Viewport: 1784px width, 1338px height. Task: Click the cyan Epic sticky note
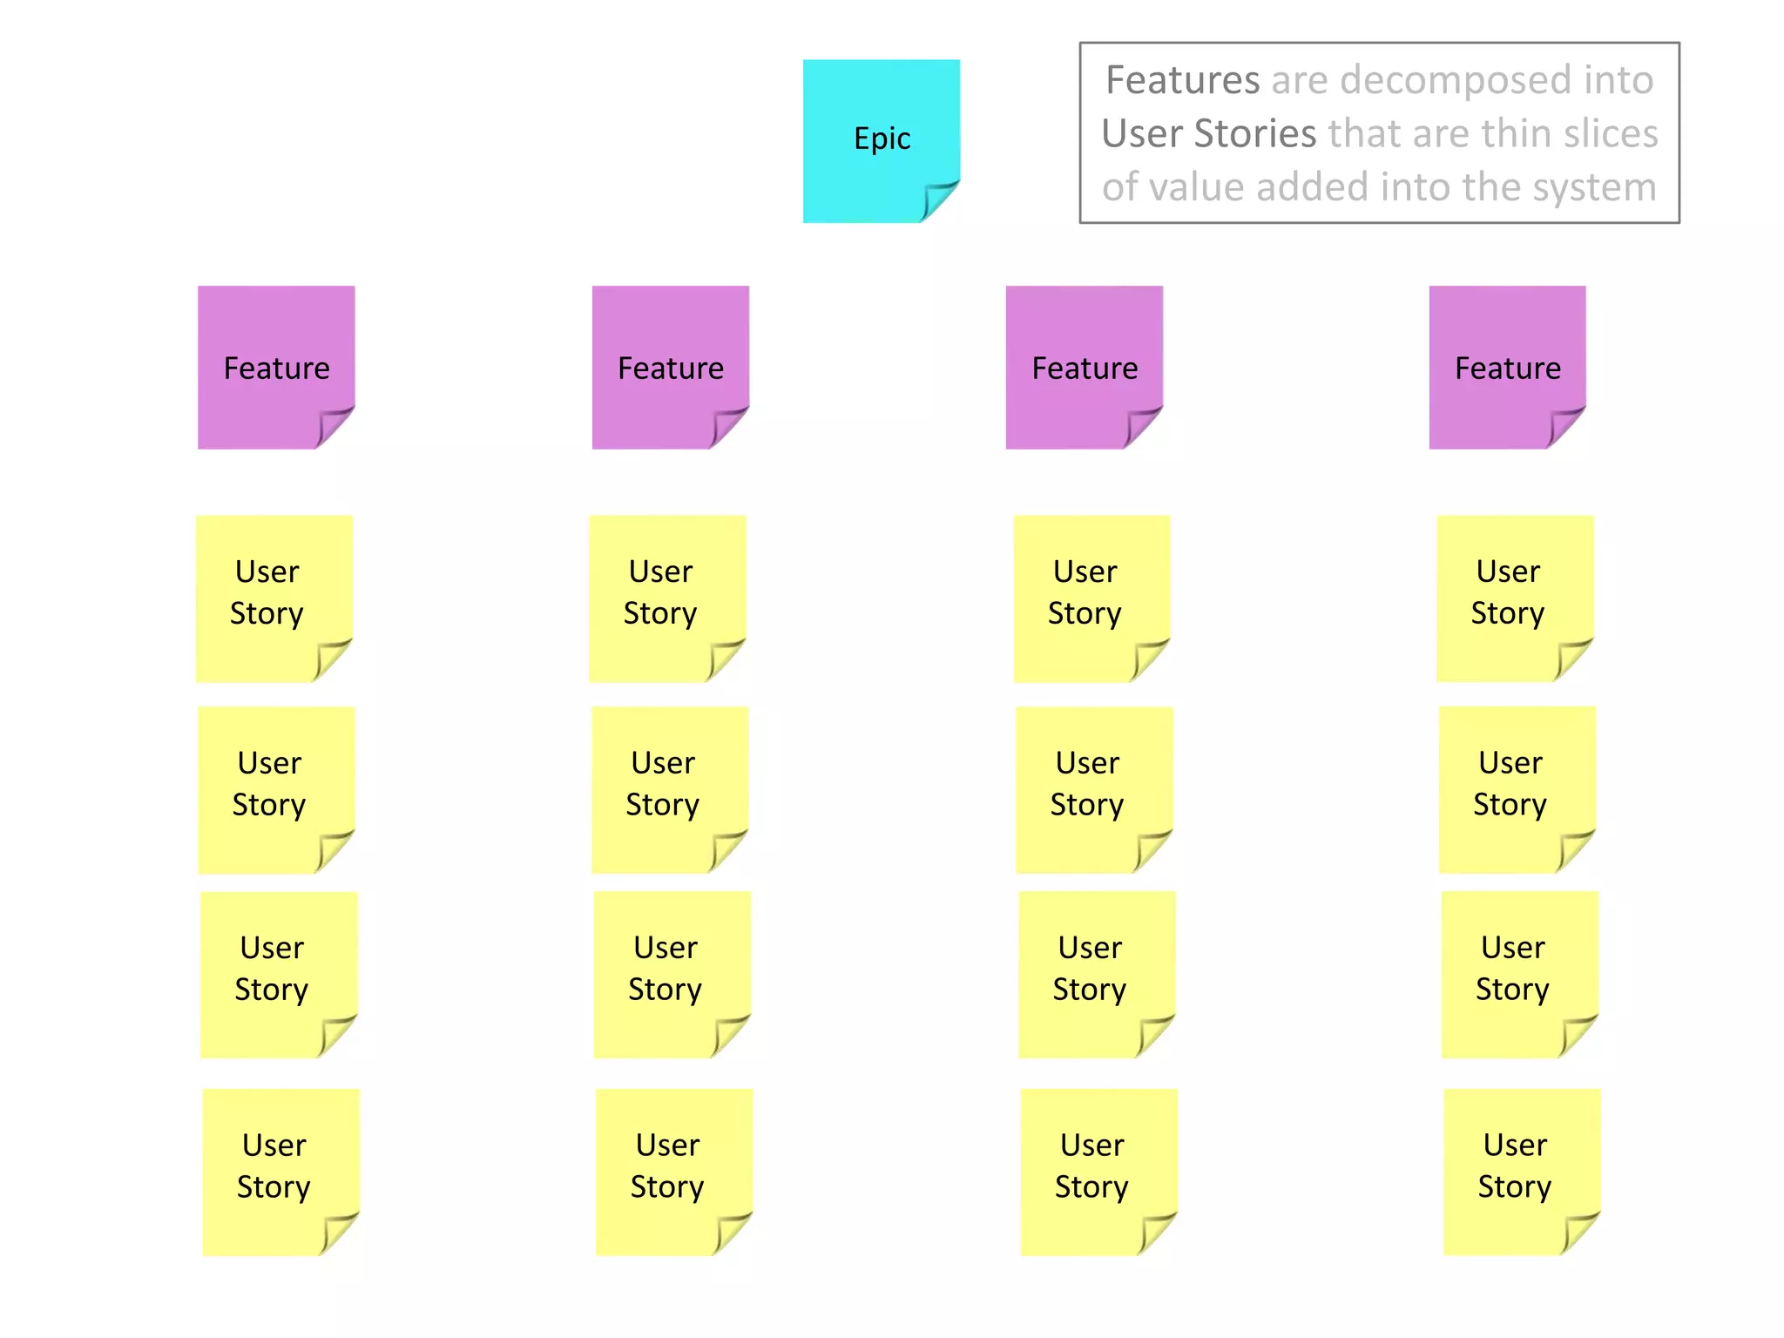pos(881,139)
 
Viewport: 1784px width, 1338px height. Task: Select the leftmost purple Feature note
pos(276,367)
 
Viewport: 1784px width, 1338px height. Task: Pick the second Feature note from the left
pos(670,367)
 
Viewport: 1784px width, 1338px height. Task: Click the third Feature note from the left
pos(1084,367)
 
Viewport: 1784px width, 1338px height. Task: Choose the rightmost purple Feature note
pos(1507,367)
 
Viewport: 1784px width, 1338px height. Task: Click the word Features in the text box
pos(1182,80)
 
